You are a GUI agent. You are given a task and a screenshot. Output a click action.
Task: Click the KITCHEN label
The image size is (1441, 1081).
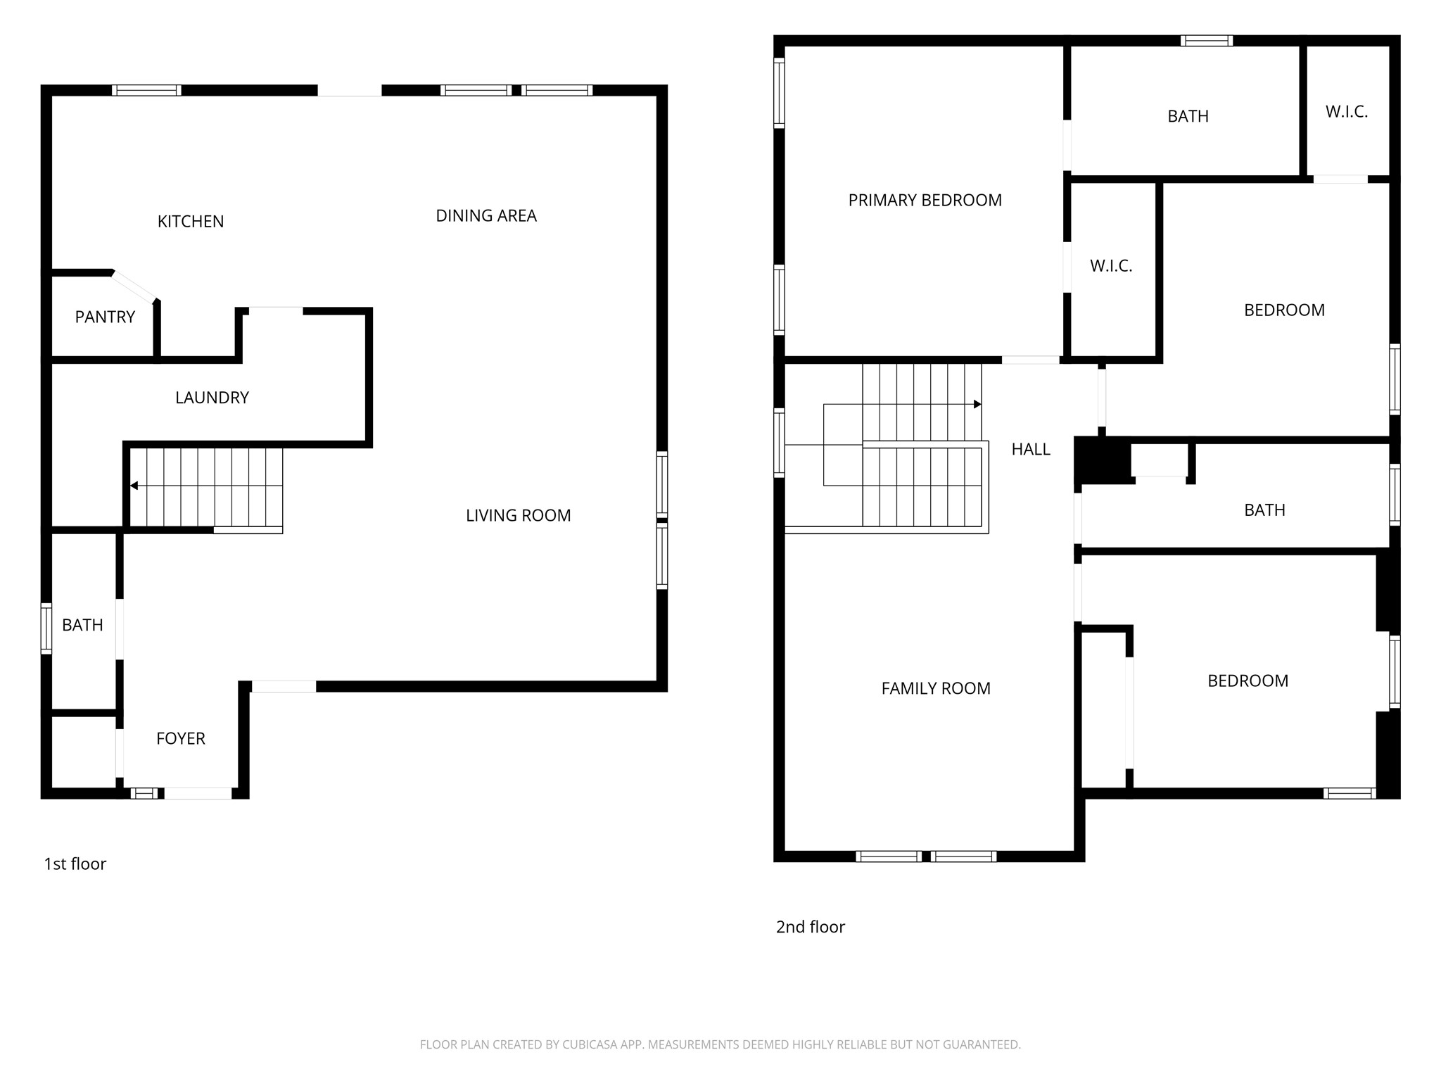click(191, 222)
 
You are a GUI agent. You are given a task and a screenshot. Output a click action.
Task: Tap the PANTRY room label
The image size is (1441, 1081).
click(105, 317)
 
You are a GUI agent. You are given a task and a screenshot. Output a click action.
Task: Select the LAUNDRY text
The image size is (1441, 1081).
click(212, 398)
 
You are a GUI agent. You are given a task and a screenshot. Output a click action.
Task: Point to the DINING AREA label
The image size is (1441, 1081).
click(486, 216)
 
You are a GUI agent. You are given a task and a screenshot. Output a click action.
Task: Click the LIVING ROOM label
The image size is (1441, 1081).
click(518, 516)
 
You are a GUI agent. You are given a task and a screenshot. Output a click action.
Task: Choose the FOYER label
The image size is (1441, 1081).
click(181, 739)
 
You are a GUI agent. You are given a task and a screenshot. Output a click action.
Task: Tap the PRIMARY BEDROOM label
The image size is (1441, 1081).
click(925, 201)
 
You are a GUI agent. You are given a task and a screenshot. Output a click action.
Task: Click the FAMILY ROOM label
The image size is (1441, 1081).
click(936, 689)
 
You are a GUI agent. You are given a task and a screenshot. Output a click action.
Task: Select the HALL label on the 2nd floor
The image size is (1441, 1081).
click(1031, 450)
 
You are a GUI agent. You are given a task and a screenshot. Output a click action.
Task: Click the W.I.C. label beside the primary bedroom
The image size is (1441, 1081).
click(1111, 266)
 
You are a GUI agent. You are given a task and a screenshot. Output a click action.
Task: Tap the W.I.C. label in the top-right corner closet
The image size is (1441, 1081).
click(1346, 112)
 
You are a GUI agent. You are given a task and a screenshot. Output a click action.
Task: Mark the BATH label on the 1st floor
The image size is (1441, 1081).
click(82, 626)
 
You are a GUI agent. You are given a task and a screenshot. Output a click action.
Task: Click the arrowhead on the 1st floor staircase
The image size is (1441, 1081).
click(134, 486)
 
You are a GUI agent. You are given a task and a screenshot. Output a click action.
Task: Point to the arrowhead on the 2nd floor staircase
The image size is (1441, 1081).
click(977, 404)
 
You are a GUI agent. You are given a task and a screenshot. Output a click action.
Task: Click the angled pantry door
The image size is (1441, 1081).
click(134, 287)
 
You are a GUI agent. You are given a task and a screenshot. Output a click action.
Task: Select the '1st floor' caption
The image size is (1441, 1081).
click(75, 864)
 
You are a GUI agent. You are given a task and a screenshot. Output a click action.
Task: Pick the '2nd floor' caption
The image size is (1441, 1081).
click(810, 928)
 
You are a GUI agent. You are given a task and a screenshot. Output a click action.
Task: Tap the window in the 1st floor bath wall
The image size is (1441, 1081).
click(46, 628)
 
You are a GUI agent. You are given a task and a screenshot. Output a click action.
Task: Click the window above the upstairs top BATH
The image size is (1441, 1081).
click(1206, 41)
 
